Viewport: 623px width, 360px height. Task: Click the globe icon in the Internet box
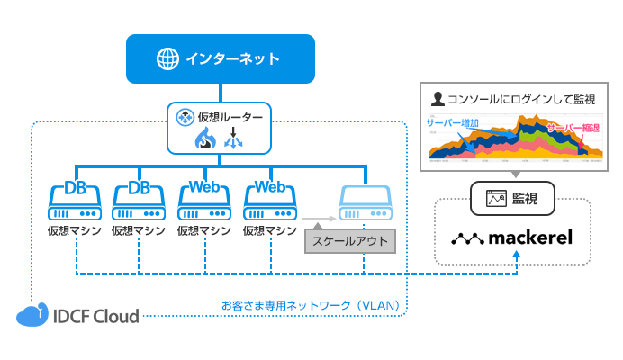pos(168,59)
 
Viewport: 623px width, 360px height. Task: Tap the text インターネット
pos(232,59)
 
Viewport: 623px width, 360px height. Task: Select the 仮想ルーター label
pos(230,117)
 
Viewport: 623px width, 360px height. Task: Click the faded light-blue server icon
pos(366,204)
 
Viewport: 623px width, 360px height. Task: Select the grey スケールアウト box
pos(348,241)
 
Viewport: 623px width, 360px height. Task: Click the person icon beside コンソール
pos(438,97)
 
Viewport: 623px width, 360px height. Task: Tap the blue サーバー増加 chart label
pos(453,122)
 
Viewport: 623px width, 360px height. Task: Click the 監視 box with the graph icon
pos(512,196)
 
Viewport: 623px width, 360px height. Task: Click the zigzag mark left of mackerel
pos(468,239)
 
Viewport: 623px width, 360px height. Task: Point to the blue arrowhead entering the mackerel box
pos(517,257)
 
